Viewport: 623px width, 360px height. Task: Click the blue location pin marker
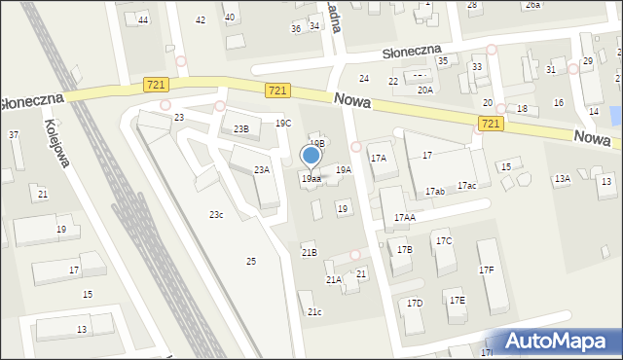click(x=311, y=156)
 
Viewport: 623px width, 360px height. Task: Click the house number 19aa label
click(x=311, y=179)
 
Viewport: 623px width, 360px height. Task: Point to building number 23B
click(x=240, y=129)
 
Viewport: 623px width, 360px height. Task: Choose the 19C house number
click(x=282, y=124)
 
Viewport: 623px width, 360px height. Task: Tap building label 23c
click(x=216, y=215)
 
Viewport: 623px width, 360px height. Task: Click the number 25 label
click(x=251, y=262)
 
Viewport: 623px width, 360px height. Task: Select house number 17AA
click(x=404, y=218)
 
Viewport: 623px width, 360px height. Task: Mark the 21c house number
click(x=314, y=311)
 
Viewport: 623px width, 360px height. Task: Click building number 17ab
click(x=434, y=192)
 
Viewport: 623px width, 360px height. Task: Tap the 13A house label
click(x=562, y=179)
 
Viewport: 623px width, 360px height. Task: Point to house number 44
click(x=143, y=20)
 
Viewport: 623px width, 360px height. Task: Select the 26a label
click(x=532, y=5)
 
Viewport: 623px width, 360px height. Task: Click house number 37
click(x=13, y=135)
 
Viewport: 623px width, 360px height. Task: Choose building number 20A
click(x=425, y=90)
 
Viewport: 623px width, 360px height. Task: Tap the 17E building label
click(x=457, y=301)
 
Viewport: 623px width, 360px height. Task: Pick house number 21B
click(x=309, y=253)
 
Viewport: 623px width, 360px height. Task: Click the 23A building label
click(x=262, y=170)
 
